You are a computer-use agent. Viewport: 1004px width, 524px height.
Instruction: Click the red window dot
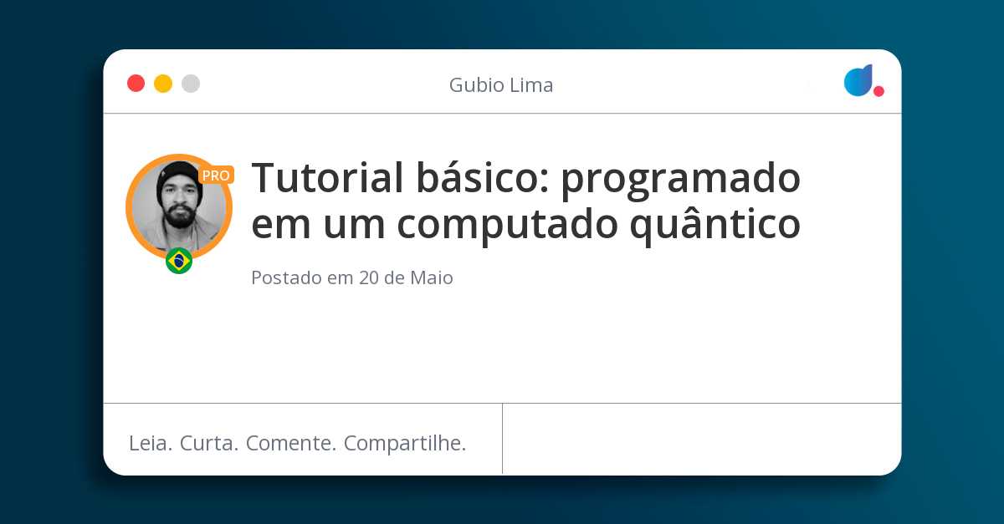click(x=136, y=84)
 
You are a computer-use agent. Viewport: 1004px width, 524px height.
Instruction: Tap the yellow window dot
click(x=163, y=84)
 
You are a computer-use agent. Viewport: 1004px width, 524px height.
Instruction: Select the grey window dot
click(x=191, y=84)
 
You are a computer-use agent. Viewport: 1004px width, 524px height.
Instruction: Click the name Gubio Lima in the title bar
click(x=501, y=85)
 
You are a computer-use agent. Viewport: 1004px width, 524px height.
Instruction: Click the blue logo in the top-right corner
click(x=858, y=80)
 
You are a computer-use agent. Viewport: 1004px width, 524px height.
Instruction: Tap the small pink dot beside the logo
click(x=878, y=91)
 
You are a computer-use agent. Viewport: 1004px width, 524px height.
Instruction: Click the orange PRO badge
click(x=216, y=176)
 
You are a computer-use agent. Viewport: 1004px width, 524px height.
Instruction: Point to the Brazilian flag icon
click(x=179, y=261)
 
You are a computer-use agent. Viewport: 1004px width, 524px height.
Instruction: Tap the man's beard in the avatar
click(x=178, y=215)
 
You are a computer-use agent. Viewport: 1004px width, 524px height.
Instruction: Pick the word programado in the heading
click(x=680, y=179)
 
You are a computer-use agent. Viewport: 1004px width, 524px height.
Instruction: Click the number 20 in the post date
click(x=369, y=277)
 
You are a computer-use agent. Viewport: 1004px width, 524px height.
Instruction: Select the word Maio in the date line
click(x=431, y=277)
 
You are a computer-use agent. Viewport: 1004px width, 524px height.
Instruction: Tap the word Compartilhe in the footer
click(x=405, y=444)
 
